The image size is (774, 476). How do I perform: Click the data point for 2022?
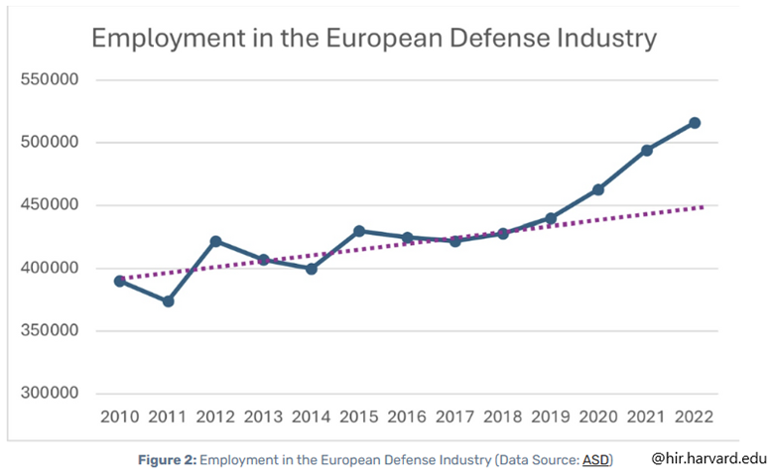(695, 123)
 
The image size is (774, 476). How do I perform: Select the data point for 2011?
(168, 301)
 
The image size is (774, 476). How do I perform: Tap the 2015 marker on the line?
(359, 231)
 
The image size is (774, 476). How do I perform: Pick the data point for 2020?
(598, 189)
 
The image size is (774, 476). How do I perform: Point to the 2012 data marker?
(215, 241)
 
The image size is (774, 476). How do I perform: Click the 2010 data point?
(120, 281)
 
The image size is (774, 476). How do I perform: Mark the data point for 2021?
(646, 151)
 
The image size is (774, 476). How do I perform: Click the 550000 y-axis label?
(50, 80)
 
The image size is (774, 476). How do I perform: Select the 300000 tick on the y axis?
(50, 394)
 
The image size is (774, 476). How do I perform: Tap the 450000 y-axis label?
(50, 205)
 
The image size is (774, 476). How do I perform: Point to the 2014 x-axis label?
(311, 416)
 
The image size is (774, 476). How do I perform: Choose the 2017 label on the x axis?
(454, 416)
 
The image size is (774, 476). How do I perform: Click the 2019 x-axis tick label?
(551, 416)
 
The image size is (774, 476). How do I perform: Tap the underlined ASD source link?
(595, 460)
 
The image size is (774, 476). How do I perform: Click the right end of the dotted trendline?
(703, 207)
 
